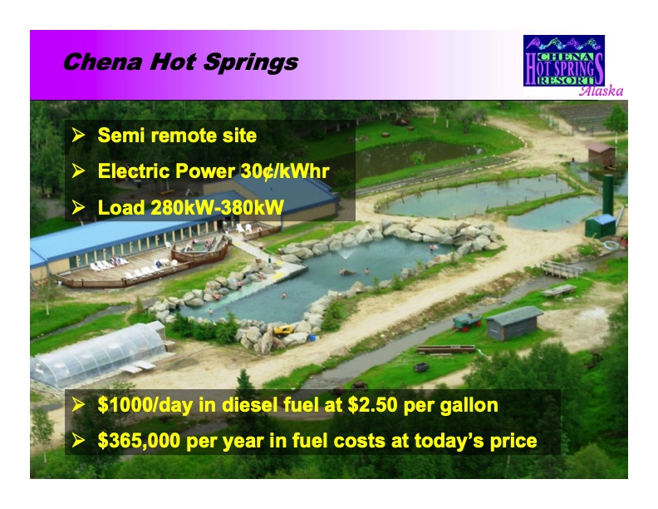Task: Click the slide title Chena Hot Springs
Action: (180, 62)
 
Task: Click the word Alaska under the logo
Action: (601, 91)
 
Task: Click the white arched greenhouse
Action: (99, 353)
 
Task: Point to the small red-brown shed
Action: (600, 152)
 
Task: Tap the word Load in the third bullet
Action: (120, 207)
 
